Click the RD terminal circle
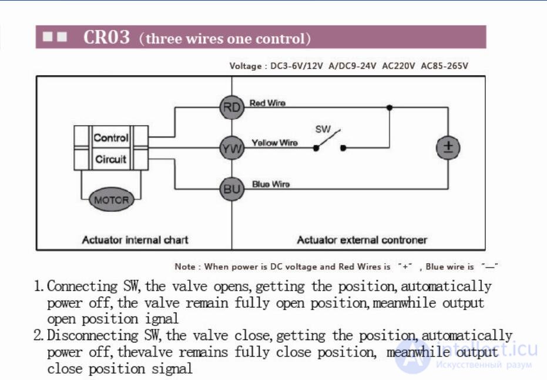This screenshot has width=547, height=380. click(232, 107)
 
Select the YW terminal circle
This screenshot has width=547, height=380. click(232, 148)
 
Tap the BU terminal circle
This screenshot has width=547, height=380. click(232, 189)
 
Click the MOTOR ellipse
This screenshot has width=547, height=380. click(111, 200)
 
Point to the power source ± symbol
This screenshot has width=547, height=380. click(448, 147)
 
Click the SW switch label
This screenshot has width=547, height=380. click(323, 129)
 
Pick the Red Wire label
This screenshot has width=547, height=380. click(267, 103)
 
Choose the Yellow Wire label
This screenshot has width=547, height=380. click(274, 143)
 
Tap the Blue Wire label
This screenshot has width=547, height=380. click(271, 184)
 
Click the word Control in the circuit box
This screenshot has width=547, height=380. click(111, 137)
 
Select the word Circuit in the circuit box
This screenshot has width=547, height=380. click(110, 159)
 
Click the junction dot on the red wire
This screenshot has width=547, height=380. click(390, 107)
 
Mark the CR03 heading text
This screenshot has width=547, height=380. click(106, 37)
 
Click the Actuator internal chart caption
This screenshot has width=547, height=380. click(135, 240)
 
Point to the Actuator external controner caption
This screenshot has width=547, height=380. click(362, 240)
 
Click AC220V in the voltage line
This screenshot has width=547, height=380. click(398, 66)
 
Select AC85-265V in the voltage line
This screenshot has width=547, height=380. click(444, 66)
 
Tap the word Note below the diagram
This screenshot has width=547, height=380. click(185, 267)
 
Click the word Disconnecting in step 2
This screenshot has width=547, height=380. click(93, 335)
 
